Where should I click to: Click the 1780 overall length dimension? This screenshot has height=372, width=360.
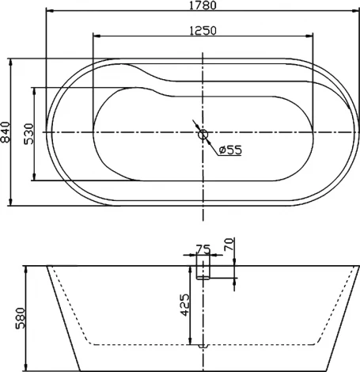(x=203, y=6)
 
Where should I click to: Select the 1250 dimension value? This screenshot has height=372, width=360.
(x=203, y=29)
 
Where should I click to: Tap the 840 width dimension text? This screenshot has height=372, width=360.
(x=6, y=132)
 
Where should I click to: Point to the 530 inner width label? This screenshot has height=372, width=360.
(x=28, y=132)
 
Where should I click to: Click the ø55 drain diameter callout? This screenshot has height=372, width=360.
(x=229, y=150)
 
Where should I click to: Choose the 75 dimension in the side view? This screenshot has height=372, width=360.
(x=203, y=249)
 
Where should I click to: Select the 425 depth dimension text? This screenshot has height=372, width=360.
(x=185, y=306)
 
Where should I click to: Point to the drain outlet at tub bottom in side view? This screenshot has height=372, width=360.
(x=203, y=347)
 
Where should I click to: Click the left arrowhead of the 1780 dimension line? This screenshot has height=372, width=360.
(x=47, y=12)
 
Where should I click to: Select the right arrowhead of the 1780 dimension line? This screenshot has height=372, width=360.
(x=356, y=12)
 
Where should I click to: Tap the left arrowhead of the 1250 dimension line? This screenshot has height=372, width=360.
(x=96, y=36)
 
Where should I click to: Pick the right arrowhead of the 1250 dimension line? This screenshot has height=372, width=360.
(x=309, y=36)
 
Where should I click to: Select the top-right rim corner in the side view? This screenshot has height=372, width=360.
(x=357, y=266)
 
